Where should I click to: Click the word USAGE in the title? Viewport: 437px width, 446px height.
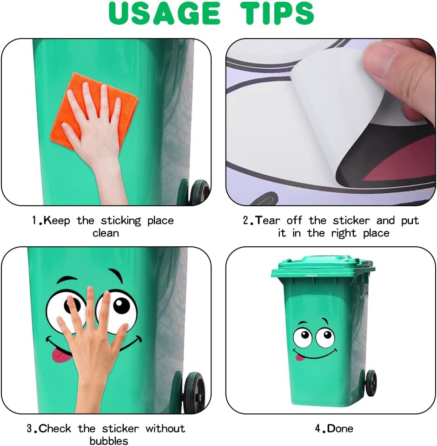pos(165,13)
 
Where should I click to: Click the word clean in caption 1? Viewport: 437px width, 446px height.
pos(106,233)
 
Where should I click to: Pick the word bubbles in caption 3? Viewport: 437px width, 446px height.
pos(109,440)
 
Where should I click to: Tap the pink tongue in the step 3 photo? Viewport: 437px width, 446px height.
pos(60,356)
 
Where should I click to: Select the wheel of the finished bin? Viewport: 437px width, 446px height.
pos(371,383)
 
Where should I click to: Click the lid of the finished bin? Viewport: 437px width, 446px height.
pos(323,267)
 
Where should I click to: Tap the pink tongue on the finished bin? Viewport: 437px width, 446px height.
pos(300,358)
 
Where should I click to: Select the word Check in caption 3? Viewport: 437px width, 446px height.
pos(56,428)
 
